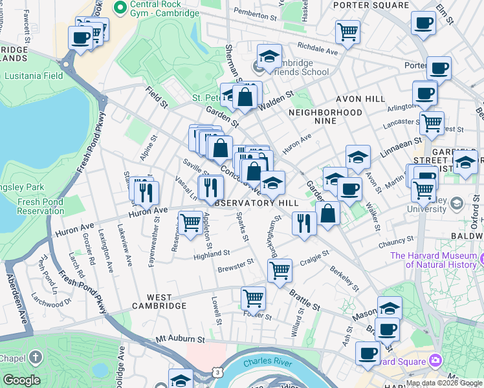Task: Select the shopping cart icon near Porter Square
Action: (348, 32)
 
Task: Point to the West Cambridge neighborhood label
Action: (159, 305)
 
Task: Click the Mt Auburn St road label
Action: (180, 339)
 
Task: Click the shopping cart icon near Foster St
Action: (253, 299)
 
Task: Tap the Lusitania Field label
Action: (34, 76)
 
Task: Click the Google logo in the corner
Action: (21, 380)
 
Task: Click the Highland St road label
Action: (212, 255)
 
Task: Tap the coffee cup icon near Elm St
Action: (423, 23)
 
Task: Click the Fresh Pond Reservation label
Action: (40, 206)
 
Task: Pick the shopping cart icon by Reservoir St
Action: (190, 223)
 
